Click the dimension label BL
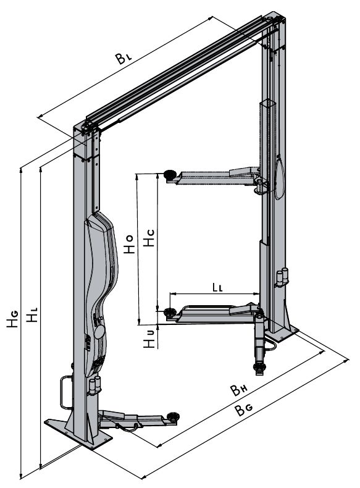click(124, 58)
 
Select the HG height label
click(13, 319)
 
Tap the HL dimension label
click(31, 314)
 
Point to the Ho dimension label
click(129, 244)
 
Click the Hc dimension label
click(149, 238)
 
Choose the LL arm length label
click(217, 288)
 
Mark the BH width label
click(238, 390)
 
